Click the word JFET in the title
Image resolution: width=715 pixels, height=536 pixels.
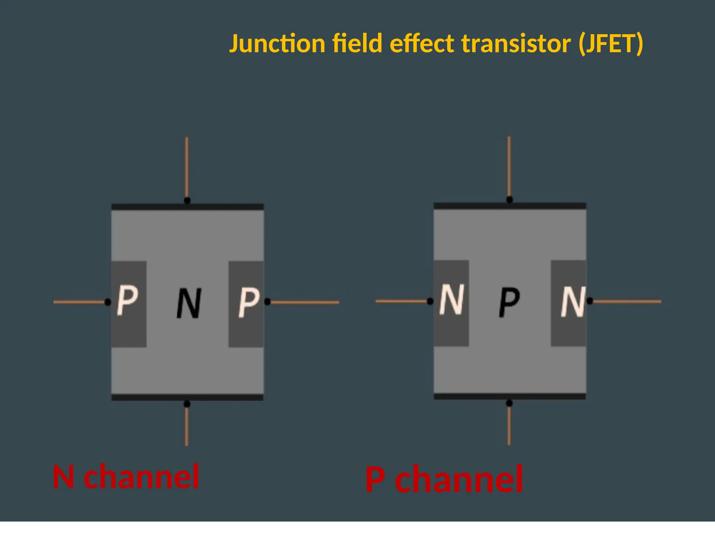click(611, 44)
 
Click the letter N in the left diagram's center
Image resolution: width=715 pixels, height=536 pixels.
click(189, 303)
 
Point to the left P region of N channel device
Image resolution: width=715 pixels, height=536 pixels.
click(128, 304)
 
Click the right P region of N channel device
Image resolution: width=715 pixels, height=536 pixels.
click(246, 304)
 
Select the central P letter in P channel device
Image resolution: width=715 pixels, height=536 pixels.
click(509, 302)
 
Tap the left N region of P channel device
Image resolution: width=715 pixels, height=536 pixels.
click(451, 302)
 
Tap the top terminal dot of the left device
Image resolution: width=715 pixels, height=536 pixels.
click(187, 201)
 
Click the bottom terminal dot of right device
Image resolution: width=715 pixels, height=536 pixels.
click(509, 403)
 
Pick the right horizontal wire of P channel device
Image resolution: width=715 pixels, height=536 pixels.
click(627, 301)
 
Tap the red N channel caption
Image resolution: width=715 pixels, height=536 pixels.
click(126, 477)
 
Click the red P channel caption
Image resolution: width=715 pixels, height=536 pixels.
click(444, 479)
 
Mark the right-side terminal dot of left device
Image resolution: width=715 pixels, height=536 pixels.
click(267, 302)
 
